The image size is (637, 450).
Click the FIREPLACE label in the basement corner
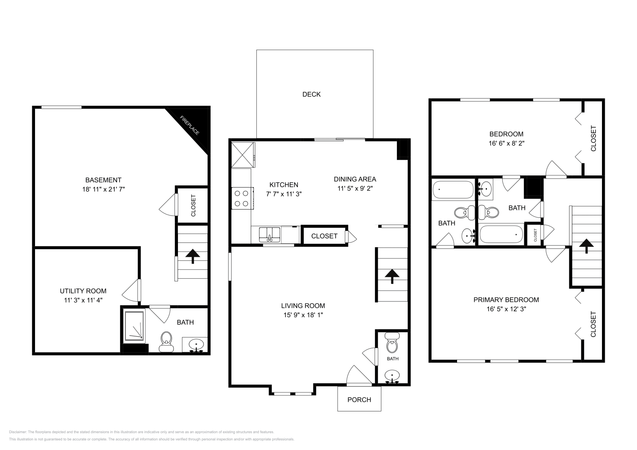click(x=190, y=125)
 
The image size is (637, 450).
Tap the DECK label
click(x=311, y=94)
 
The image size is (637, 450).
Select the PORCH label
click(x=359, y=400)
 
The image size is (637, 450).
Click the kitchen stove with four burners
click(x=242, y=198)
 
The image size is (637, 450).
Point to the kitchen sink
click(x=270, y=235)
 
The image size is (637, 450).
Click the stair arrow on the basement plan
click(x=193, y=256)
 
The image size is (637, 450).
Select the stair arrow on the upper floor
click(x=585, y=246)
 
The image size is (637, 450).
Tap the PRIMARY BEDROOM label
click(x=506, y=300)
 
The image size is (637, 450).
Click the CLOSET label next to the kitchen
click(x=324, y=236)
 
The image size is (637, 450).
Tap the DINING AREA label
click(x=355, y=179)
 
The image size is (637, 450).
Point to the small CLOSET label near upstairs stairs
click(x=535, y=235)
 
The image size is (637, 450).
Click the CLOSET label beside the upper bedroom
click(x=593, y=138)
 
